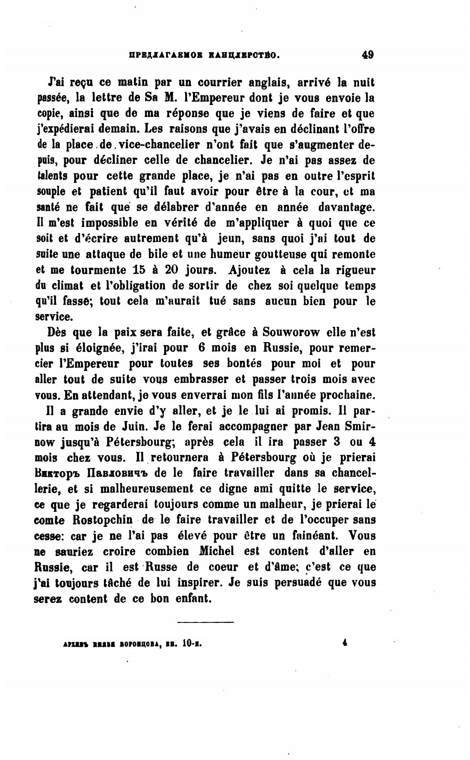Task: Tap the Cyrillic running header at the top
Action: tap(204, 55)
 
